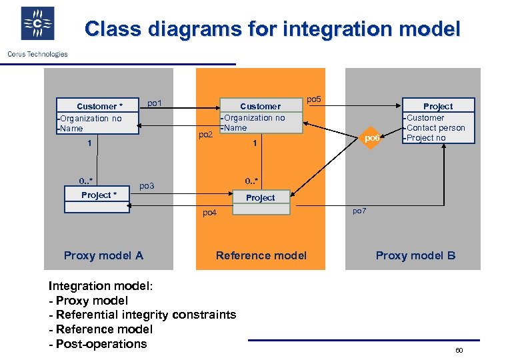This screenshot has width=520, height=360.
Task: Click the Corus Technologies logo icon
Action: (37, 24)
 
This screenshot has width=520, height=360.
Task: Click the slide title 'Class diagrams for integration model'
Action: (272, 29)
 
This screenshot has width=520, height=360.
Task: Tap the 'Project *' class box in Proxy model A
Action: (98, 195)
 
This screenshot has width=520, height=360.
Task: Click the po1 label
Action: (155, 103)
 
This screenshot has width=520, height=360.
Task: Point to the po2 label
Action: (206, 135)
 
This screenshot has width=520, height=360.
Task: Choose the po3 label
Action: (147, 185)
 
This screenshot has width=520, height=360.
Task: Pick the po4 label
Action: (210, 213)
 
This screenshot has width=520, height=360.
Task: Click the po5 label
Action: (313, 99)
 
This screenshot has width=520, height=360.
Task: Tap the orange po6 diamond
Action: (372, 138)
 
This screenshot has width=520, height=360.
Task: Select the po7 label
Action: (359, 211)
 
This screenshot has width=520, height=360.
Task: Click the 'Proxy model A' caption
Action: (103, 255)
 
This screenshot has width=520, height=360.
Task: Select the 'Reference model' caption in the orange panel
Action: (261, 255)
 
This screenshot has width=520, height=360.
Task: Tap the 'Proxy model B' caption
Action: (415, 255)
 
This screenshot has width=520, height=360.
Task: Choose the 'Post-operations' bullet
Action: (101, 344)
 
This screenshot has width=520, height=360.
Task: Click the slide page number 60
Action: (459, 350)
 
